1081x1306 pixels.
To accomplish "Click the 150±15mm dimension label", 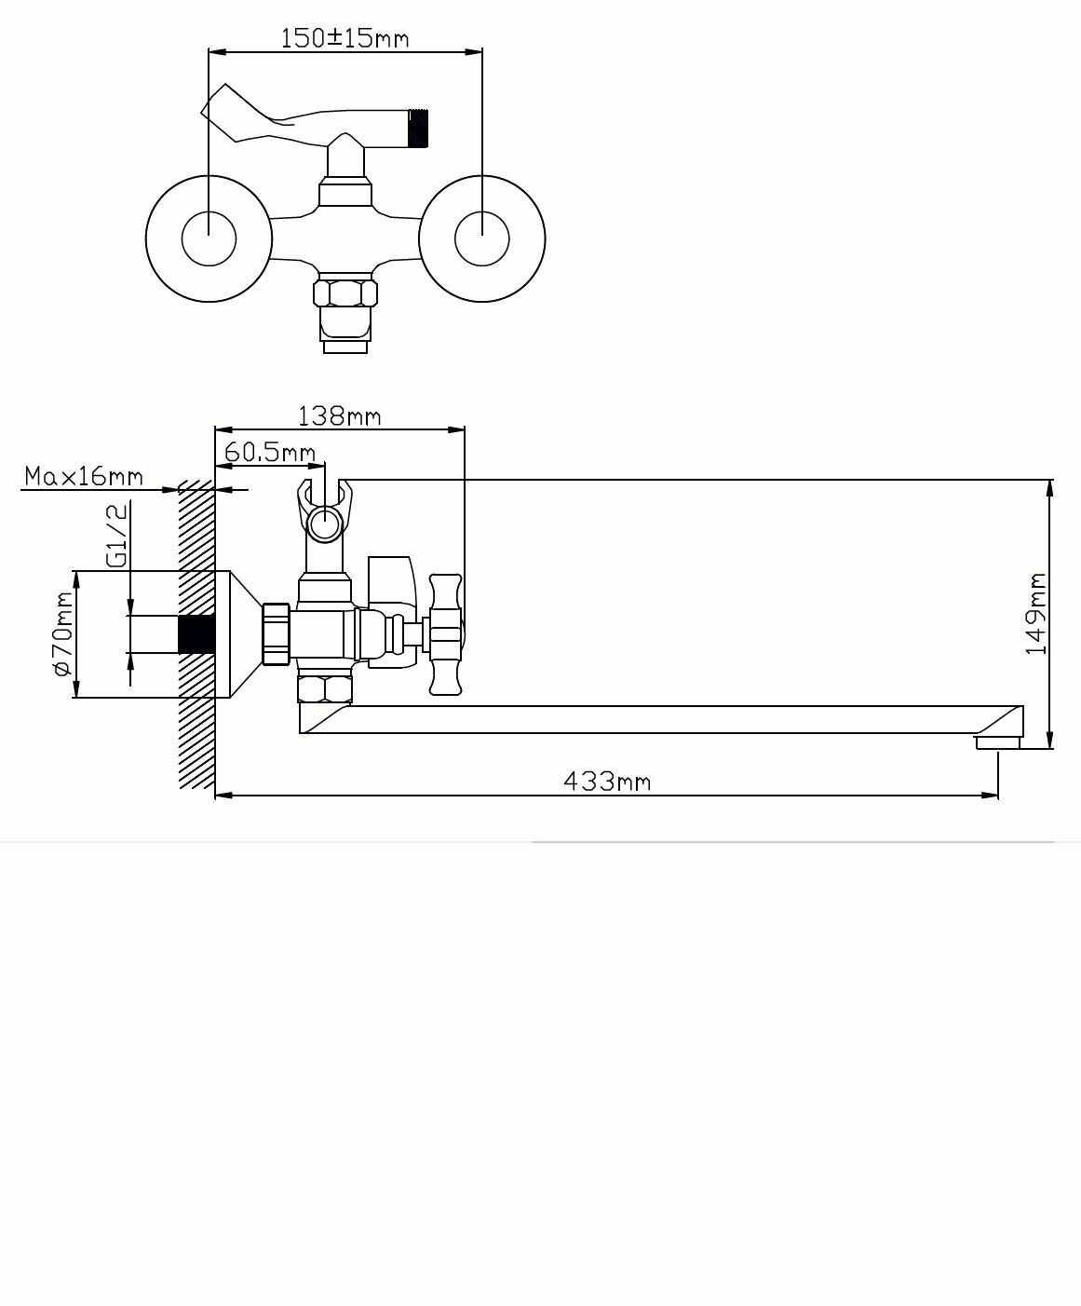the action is pos(345,38).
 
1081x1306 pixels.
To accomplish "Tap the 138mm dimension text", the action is pos(339,415).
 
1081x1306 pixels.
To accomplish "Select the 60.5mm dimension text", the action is pos(270,453).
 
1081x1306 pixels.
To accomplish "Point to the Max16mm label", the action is pos(84,477).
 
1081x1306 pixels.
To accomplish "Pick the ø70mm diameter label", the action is pos(63,633).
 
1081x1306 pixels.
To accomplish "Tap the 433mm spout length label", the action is pos(607,781).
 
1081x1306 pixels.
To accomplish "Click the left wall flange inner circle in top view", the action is pos(209,238).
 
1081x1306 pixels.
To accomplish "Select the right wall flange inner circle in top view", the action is pos(482,238).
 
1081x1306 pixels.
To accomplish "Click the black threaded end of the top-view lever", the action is pos(420,128).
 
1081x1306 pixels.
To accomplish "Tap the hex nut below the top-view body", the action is pos(345,293).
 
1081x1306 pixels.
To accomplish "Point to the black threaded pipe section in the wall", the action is pos(196,634).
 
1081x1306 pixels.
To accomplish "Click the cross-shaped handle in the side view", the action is pos(445,634).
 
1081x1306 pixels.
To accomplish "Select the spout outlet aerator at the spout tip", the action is pos(997,742).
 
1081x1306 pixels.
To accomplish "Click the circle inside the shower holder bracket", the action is pos(325,523).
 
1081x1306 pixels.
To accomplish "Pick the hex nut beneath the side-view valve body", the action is pos(326,689).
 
